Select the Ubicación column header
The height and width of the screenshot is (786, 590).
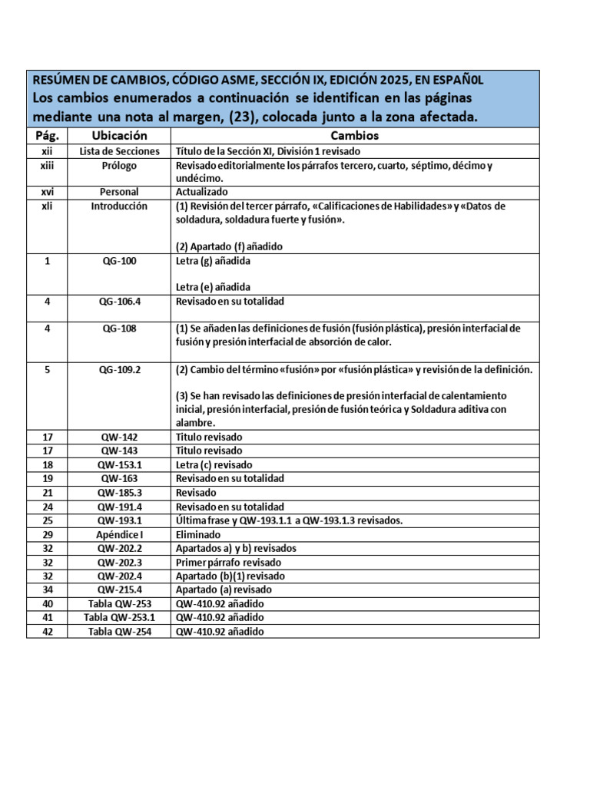click(x=119, y=136)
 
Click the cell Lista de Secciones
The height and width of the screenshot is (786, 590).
click(x=119, y=151)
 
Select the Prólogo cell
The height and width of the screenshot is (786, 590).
click(x=119, y=166)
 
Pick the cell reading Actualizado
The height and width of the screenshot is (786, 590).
click(x=202, y=192)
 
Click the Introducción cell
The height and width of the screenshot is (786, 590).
click(x=119, y=206)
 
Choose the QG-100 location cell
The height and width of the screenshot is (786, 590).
click(x=119, y=261)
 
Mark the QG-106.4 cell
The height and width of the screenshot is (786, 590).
click(x=119, y=302)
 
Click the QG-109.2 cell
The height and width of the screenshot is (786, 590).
click(x=119, y=369)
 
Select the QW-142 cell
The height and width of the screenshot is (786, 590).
click(x=119, y=437)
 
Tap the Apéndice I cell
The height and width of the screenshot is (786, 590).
click(x=119, y=535)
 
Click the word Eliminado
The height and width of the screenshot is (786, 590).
click(x=198, y=535)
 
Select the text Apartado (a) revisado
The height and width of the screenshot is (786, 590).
click(x=224, y=589)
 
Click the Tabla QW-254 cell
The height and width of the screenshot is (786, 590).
click(x=119, y=632)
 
